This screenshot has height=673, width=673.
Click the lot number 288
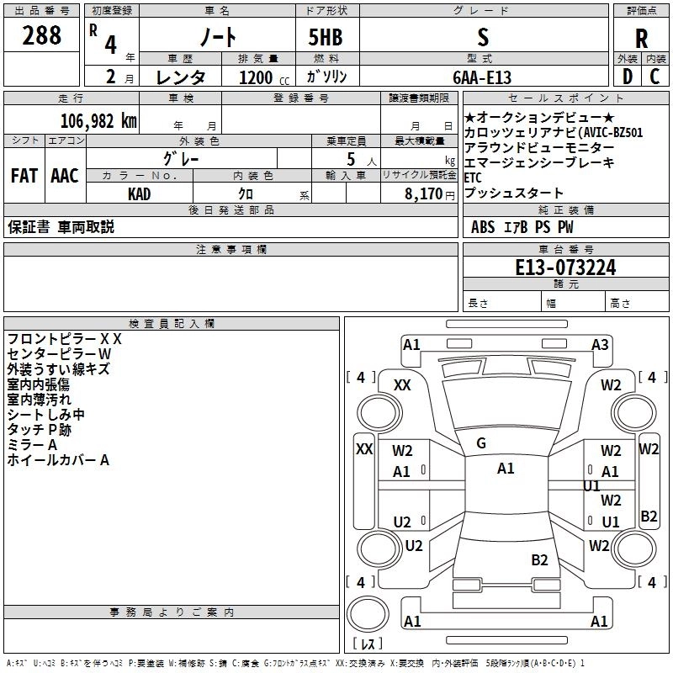pos(42,35)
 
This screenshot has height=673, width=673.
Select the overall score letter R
pos(641,39)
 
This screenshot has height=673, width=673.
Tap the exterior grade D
pos(627,76)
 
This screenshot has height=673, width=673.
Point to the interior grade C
pos(655,76)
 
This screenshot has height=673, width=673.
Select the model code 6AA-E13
pos(482,77)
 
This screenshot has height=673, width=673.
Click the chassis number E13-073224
pos(565,268)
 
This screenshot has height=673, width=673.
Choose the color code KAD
pos(140,193)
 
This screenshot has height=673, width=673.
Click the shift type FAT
pos(24,176)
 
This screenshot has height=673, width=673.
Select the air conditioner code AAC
pos(65,176)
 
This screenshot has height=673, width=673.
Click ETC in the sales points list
pos(473,178)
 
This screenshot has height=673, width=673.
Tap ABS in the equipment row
pos(483,226)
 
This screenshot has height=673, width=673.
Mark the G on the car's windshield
pos(481,443)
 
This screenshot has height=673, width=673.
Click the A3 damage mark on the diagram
pos(600,344)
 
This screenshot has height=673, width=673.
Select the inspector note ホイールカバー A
pos(58,460)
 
